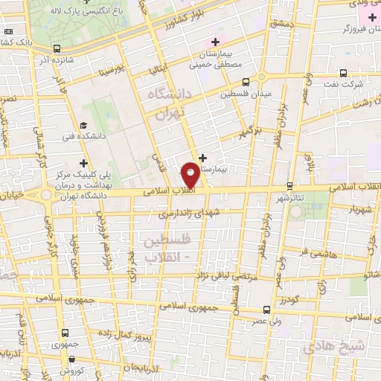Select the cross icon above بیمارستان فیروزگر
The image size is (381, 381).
tap(371, 16)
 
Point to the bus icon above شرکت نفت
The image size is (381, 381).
tap(343, 73)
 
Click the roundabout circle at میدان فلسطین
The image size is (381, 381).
tap(261, 77)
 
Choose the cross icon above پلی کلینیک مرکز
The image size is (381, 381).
tap(83, 163)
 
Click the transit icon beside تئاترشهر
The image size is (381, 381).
tap(289, 187)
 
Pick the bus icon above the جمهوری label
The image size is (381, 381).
tap(65, 333)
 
